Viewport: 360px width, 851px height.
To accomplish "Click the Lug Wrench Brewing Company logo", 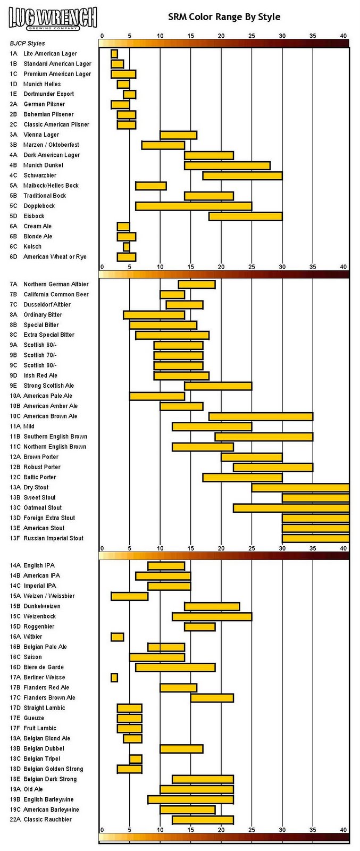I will click(53, 18).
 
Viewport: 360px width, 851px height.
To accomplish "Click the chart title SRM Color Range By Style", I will click(224, 17).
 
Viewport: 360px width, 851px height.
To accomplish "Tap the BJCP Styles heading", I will click(27, 44).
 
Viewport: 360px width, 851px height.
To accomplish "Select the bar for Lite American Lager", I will click(114, 54).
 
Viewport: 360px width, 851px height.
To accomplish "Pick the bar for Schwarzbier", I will click(242, 176).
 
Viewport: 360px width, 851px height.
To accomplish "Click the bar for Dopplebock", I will click(194, 206).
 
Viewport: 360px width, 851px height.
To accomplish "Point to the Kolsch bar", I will click(127, 247).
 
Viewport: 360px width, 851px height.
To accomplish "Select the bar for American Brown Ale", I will click(261, 416).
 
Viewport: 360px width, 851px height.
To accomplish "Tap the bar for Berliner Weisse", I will click(114, 678).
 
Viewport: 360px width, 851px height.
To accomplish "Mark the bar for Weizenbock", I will click(212, 616).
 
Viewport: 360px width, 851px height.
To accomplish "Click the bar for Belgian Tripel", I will click(136, 759).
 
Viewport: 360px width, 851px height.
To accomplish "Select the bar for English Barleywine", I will click(190, 799).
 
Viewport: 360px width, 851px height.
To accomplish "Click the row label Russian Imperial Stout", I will click(53, 538).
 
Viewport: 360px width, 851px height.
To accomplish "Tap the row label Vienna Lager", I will click(41, 135).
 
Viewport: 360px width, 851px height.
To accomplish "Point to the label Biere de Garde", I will click(44, 667).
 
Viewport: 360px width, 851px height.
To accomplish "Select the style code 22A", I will click(15, 820).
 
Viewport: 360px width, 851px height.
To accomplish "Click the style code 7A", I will click(13, 285).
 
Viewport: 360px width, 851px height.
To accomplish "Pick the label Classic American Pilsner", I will click(56, 124).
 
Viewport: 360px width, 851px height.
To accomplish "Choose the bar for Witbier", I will click(117, 637).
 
